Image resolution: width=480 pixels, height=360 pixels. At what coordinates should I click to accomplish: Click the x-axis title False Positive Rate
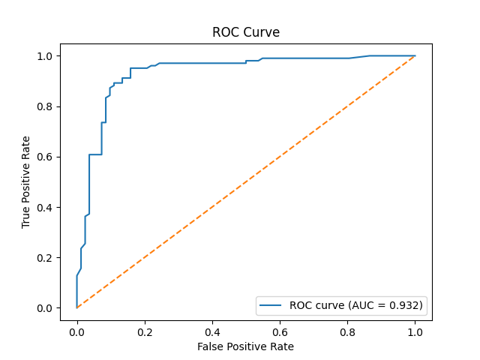click(x=246, y=346)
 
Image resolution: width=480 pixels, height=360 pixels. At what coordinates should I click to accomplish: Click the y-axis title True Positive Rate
click(x=26, y=182)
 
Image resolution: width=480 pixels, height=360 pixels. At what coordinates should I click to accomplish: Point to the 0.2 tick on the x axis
click(x=145, y=330)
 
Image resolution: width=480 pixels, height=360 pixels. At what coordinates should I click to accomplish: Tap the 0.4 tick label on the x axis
click(x=212, y=330)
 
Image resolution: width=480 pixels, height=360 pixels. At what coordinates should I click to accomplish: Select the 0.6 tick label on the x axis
click(x=280, y=330)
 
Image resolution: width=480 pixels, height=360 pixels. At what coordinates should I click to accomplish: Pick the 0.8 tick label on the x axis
click(x=347, y=330)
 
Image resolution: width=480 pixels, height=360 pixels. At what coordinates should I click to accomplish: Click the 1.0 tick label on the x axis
click(x=415, y=330)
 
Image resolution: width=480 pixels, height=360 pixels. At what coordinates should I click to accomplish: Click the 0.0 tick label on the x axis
click(x=76, y=330)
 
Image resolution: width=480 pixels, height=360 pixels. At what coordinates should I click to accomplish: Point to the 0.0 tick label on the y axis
click(x=46, y=308)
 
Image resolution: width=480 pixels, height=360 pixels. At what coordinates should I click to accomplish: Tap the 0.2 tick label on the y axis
click(x=46, y=258)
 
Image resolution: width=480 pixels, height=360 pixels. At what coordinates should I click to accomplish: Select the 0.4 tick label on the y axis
click(x=46, y=208)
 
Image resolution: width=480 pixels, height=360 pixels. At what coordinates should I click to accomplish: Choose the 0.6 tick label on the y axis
click(x=46, y=157)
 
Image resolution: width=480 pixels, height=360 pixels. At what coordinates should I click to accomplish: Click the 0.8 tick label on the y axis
click(x=46, y=106)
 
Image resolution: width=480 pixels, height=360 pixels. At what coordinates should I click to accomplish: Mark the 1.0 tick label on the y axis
click(x=46, y=56)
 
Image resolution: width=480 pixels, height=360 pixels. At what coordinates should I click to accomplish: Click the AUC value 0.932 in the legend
click(x=404, y=304)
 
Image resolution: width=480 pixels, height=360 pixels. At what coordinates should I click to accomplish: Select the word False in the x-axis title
click(x=210, y=346)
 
